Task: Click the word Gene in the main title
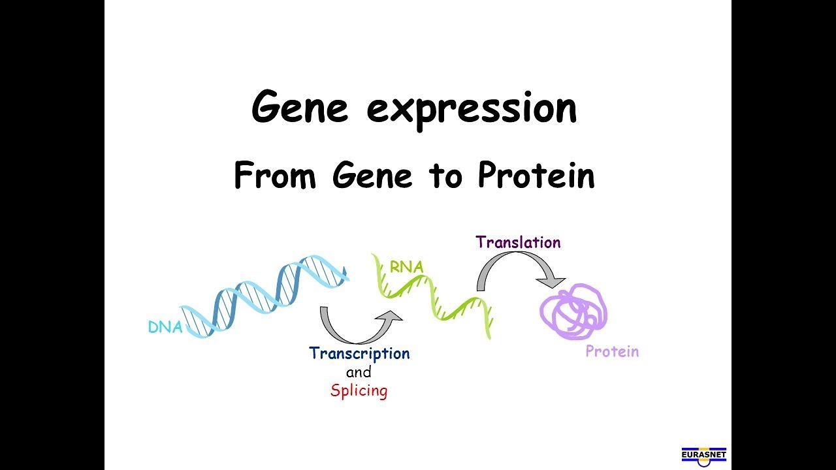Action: [x=299, y=108]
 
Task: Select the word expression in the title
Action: [x=472, y=110]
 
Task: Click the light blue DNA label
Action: [x=165, y=328]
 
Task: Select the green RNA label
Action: [x=406, y=267]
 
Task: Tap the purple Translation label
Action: [x=518, y=242]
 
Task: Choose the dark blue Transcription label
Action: [x=359, y=354]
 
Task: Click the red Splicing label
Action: [x=359, y=391]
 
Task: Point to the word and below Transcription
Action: [x=359, y=373]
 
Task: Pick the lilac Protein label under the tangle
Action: [x=612, y=352]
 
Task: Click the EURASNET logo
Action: [x=703, y=456]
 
